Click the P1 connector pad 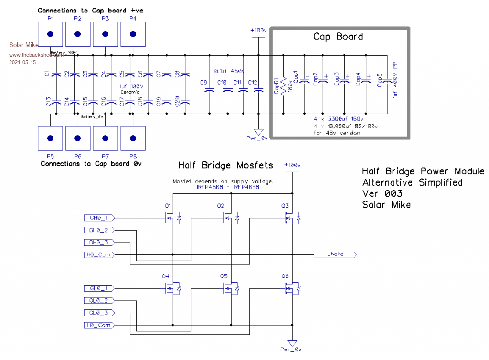50,34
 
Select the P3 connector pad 105,34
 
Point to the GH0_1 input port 99,218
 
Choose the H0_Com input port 99,254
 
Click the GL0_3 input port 99,313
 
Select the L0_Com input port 99,325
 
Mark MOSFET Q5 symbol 231,288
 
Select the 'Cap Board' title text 338,37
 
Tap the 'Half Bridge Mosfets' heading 225,165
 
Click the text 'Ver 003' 382,193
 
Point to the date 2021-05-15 22,63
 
